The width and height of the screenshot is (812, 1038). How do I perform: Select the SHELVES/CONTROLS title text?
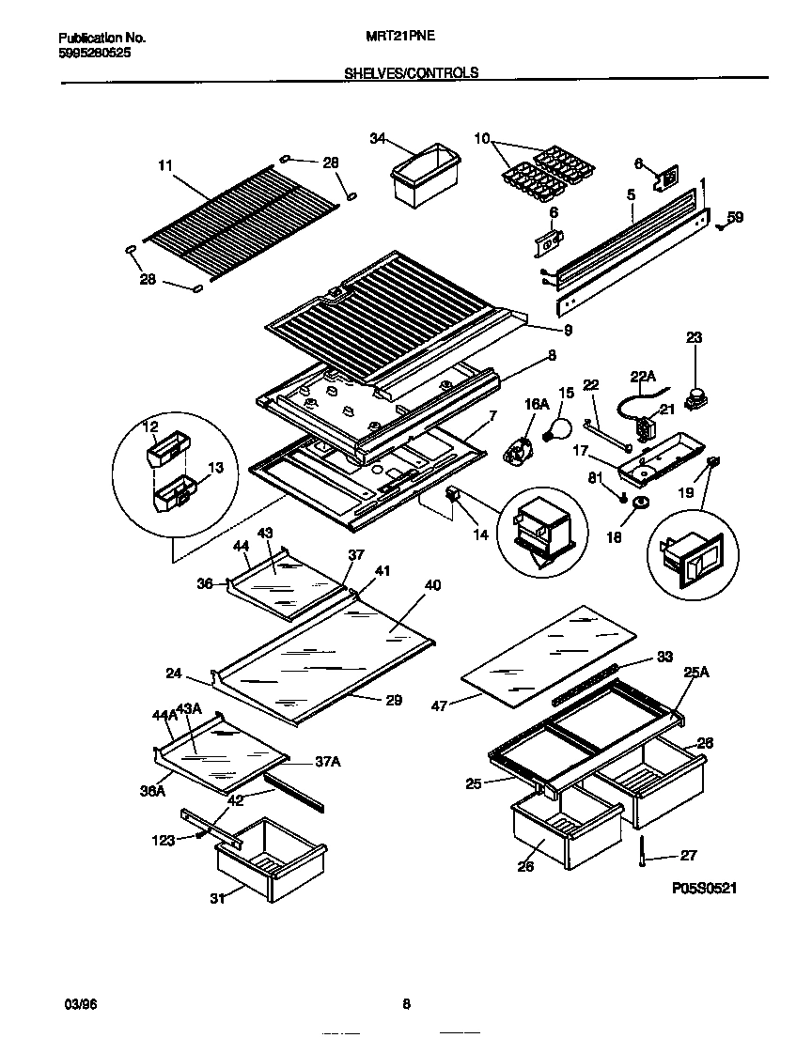pos(411,72)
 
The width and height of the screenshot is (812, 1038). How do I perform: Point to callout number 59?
pos(735,218)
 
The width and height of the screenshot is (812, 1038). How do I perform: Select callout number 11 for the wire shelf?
pos(165,166)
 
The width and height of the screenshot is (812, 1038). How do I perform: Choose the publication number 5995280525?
pos(95,54)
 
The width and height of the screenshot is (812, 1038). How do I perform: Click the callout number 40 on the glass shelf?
pos(432,586)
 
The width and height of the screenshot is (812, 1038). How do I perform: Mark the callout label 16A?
pos(536,404)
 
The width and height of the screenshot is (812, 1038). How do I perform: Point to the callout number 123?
pos(164,841)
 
